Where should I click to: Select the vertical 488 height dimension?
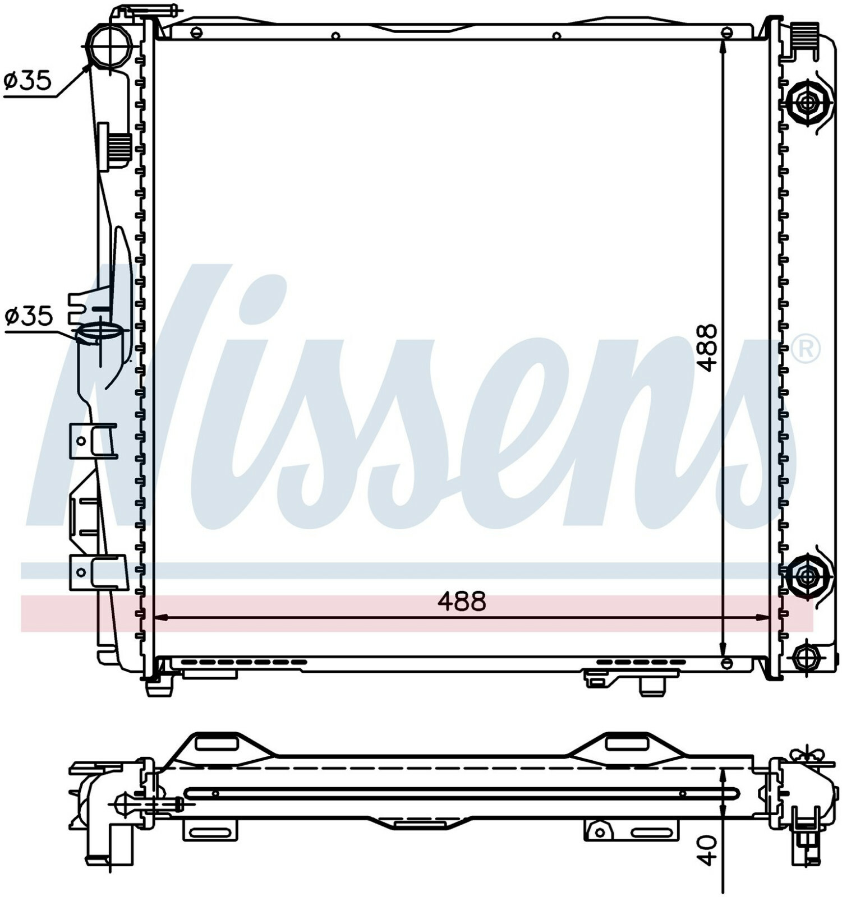click(x=708, y=348)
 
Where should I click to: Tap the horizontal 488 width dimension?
click(x=461, y=602)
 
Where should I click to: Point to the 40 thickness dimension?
click(x=708, y=850)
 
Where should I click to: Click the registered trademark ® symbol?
click(x=806, y=349)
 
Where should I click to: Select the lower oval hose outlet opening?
click(x=99, y=332)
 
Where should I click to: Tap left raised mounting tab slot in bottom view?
click(x=217, y=744)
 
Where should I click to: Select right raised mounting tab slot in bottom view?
click(x=627, y=744)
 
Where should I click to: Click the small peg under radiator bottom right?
click(x=651, y=686)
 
